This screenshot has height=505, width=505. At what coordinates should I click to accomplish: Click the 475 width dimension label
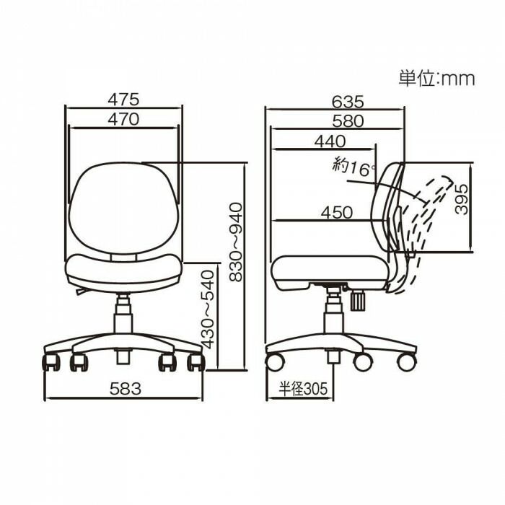[x=123, y=99]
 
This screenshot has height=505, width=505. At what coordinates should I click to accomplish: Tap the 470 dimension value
[x=123, y=120]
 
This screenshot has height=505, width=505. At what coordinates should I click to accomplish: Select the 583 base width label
[x=125, y=388]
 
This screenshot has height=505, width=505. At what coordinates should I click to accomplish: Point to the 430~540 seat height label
[x=208, y=310]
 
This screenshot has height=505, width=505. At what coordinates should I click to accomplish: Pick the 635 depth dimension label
[x=348, y=102]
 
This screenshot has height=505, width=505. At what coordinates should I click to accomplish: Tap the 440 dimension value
[x=330, y=142]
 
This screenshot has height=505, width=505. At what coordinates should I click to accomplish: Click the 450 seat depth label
[x=337, y=212]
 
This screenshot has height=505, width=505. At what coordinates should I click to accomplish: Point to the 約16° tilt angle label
[x=354, y=166]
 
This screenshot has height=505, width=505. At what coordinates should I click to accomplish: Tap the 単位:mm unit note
[x=436, y=79]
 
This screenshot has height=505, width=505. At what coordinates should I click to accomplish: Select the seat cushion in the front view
[x=123, y=270]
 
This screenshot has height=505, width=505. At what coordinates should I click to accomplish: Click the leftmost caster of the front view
[x=51, y=361]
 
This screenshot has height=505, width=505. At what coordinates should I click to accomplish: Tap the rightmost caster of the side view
[x=407, y=361]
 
